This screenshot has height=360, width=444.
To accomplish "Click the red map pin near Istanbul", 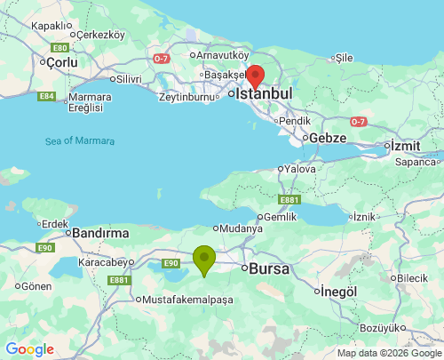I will coord(255,76).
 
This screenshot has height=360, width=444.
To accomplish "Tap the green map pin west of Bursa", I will coord(204,260).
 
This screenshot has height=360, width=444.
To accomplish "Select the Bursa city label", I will coord(271,268).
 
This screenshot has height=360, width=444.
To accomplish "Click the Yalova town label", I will coord(299,168).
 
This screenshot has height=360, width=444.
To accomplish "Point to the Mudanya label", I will coord(242,228).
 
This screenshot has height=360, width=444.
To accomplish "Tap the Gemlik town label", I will coord(281,217).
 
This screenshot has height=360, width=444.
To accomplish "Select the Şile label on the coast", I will coord(343,58).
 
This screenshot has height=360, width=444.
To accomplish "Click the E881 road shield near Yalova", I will coord(288,200).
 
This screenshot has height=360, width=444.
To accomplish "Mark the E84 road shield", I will coord(48,95).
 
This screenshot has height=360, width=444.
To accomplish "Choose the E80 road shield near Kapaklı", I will coord(60,47).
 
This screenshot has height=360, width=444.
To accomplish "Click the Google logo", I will coord(29,349).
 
